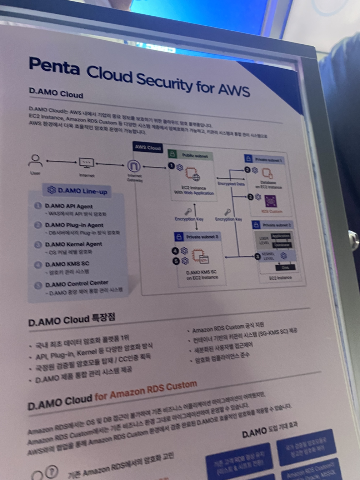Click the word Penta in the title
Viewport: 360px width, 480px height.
(x=54, y=66)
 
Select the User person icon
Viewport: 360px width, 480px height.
(x=35, y=161)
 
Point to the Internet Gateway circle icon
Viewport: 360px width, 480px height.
(x=134, y=166)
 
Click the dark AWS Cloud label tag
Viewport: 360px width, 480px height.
(x=148, y=147)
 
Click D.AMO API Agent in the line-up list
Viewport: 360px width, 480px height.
(x=69, y=206)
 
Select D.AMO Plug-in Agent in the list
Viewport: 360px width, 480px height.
(x=74, y=225)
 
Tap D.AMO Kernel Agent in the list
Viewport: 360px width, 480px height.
(x=73, y=244)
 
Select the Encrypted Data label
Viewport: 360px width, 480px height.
(x=231, y=184)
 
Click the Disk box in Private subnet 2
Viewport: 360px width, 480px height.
(x=285, y=267)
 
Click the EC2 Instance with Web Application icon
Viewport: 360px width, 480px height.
(x=192, y=174)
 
